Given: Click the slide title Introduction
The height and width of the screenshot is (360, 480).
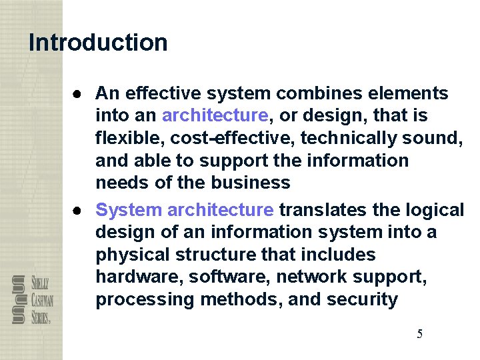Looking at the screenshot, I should (98, 43).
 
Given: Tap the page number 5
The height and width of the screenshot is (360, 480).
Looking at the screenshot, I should (419, 334).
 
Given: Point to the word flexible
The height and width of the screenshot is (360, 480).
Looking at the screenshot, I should (126, 138).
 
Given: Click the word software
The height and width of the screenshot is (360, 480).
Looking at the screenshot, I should (214, 277).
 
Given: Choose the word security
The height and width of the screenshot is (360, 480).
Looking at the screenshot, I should (362, 300).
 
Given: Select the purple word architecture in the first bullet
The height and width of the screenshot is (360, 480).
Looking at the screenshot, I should (215, 116).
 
